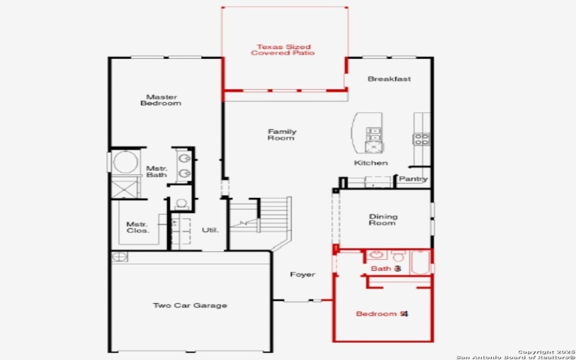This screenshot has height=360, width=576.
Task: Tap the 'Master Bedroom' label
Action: point(161,100)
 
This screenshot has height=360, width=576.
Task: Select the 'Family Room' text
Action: point(282,135)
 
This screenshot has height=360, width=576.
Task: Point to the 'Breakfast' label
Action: point(389,79)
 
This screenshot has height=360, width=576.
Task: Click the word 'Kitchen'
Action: point(371,163)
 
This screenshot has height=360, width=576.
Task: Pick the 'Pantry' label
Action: point(413,179)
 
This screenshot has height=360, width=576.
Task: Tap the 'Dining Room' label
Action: point(382,220)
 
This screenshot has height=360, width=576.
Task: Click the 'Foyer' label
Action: point(302,275)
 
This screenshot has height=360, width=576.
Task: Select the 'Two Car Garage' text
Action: point(190,306)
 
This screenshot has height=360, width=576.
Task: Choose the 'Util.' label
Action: point(210,230)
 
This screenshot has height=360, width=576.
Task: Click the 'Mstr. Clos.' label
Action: point(138,227)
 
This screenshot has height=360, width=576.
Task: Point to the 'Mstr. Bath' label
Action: point(156,171)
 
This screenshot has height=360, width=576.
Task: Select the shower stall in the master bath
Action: point(125,189)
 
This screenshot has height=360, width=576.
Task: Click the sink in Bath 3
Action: point(376,256)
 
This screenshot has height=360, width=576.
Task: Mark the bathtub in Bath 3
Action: point(420,262)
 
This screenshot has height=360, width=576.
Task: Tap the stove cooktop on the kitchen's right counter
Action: point(422,137)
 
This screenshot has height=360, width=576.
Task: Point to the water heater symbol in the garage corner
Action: point(119,257)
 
